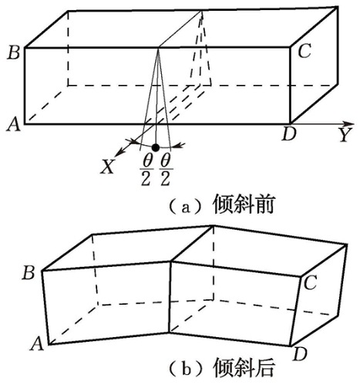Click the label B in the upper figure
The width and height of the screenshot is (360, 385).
[14, 52]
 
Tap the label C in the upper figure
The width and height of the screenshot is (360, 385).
[304, 51]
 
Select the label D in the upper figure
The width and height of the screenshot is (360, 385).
[289, 134]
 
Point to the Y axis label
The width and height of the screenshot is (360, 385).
[345, 135]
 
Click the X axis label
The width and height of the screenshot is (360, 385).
[107, 167]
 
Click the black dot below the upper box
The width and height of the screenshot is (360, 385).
[156, 147]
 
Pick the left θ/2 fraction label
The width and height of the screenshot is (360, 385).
[146, 171]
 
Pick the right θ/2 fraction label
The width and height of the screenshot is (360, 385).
[166, 171]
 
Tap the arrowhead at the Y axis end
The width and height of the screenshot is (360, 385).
[350, 123]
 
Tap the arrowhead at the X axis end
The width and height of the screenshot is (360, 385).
[118, 153]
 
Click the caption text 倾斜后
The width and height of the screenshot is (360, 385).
[243, 369]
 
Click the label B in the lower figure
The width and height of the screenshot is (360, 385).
[29, 272]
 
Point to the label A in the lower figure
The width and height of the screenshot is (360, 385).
[37, 344]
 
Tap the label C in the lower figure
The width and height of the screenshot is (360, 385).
[310, 282]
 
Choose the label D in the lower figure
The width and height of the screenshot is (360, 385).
[300, 354]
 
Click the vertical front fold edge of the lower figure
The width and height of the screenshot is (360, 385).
[170, 298]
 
